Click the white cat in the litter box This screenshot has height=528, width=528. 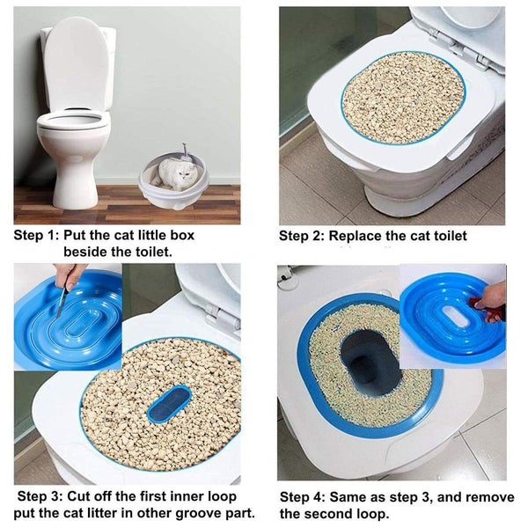tap(179, 173)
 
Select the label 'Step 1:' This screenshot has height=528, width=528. tap(36, 236)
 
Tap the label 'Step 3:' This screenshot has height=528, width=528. tap(40, 495)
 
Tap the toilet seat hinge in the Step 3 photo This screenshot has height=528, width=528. tap(211, 310)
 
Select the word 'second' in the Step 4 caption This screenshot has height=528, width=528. tap(344, 513)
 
